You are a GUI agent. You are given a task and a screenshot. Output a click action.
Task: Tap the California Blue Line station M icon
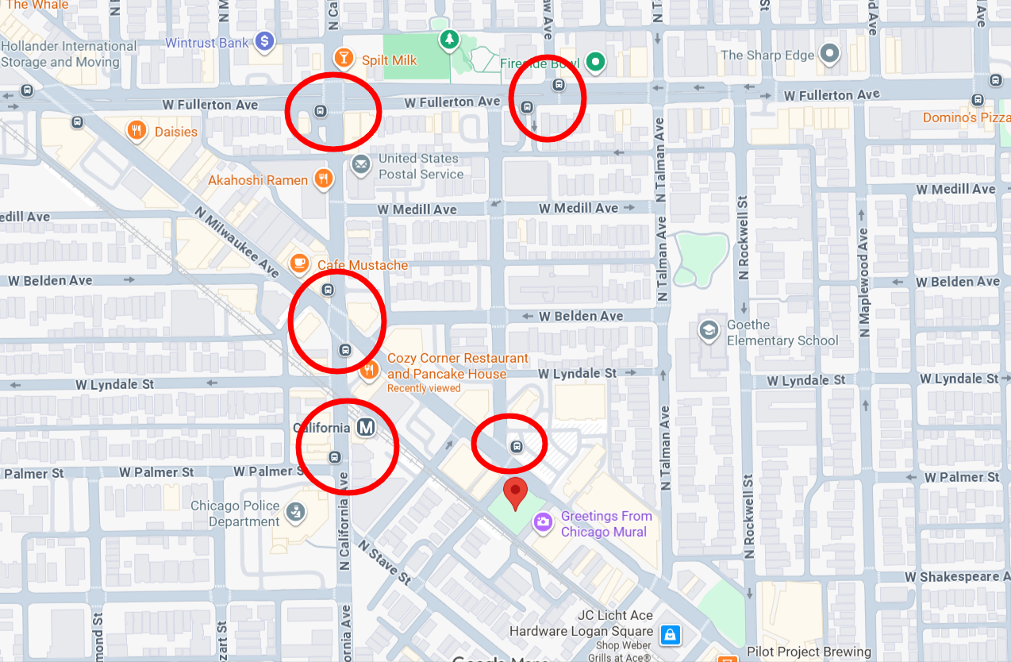366,428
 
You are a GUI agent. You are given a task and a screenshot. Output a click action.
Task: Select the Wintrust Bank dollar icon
264,42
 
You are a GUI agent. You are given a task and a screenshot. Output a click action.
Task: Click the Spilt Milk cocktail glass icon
344,57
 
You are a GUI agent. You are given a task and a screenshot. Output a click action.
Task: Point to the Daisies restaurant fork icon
137,129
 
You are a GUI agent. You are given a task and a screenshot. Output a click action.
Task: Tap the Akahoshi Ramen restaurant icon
323,179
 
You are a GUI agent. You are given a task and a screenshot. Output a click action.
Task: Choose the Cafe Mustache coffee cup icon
299,263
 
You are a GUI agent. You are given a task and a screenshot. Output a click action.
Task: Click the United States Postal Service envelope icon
361,165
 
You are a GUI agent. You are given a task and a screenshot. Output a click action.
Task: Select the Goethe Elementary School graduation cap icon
709,330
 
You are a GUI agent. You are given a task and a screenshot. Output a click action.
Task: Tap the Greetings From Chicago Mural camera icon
543,522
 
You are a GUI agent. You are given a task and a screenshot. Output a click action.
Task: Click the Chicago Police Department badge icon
295,513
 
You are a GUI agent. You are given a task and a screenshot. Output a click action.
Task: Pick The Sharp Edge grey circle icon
830,54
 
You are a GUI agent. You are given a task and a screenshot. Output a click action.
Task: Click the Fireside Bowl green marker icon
595,60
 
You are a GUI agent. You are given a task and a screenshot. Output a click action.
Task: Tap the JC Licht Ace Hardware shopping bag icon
671,634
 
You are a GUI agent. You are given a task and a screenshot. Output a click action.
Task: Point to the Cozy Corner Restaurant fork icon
369,369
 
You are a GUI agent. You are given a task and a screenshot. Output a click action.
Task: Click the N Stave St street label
385,563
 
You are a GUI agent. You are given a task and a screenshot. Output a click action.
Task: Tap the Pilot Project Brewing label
809,652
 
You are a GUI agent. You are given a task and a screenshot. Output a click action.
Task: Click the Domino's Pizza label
966,117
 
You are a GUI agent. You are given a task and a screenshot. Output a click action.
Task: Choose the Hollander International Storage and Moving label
69,53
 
